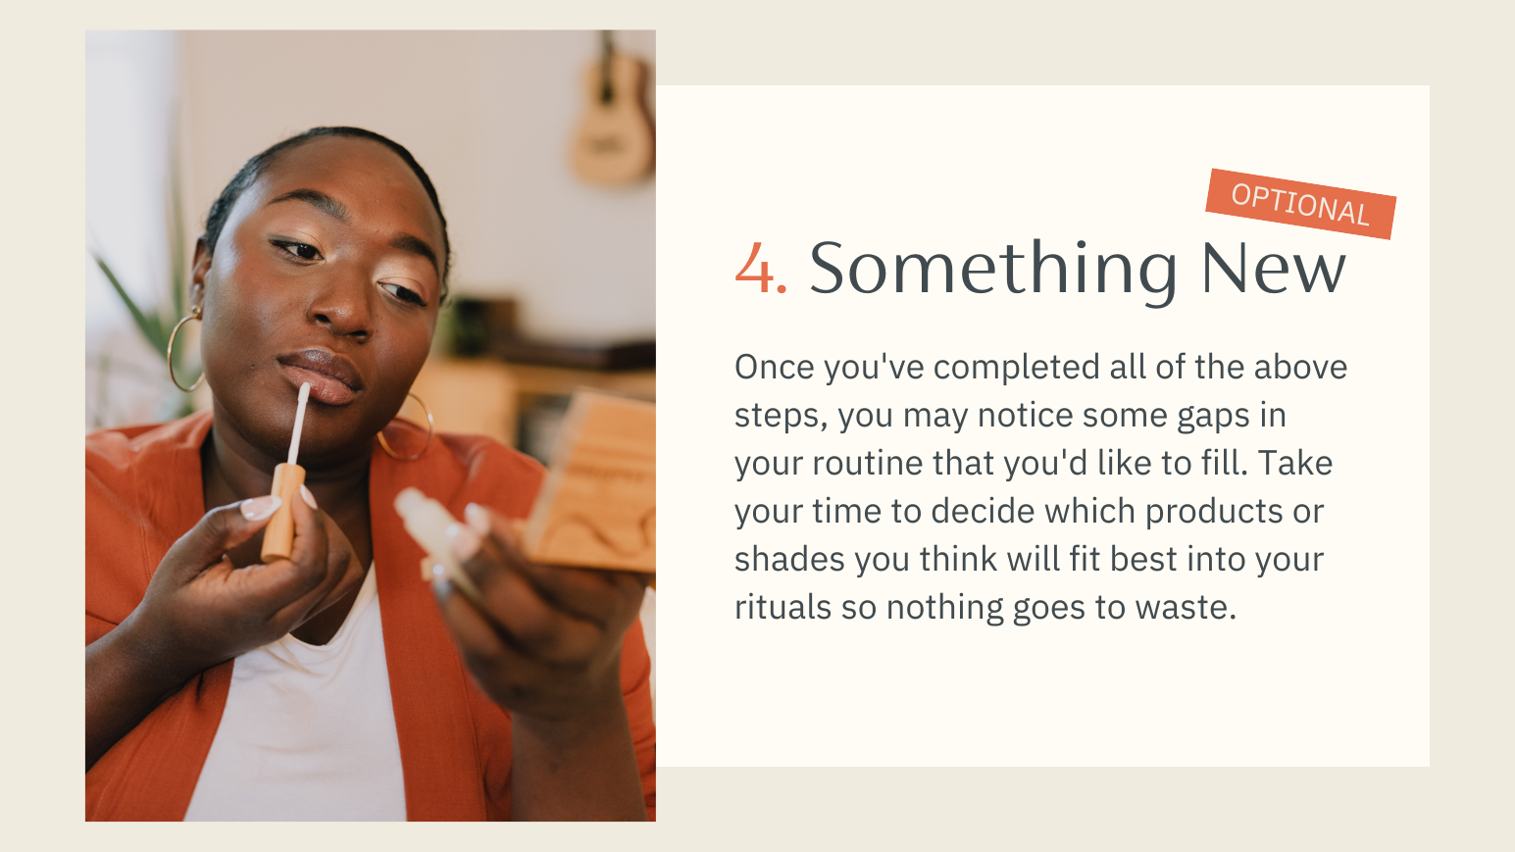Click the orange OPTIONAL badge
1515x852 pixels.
[x=1300, y=204]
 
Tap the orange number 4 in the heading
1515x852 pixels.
[x=755, y=268]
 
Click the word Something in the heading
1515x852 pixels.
[x=993, y=271]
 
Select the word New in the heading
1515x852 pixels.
[x=1273, y=268]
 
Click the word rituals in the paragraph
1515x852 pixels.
[x=783, y=607]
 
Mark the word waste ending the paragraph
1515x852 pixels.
[x=1186, y=608]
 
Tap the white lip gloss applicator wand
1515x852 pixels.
[x=298, y=424]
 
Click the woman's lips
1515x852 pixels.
[x=322, y=376]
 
